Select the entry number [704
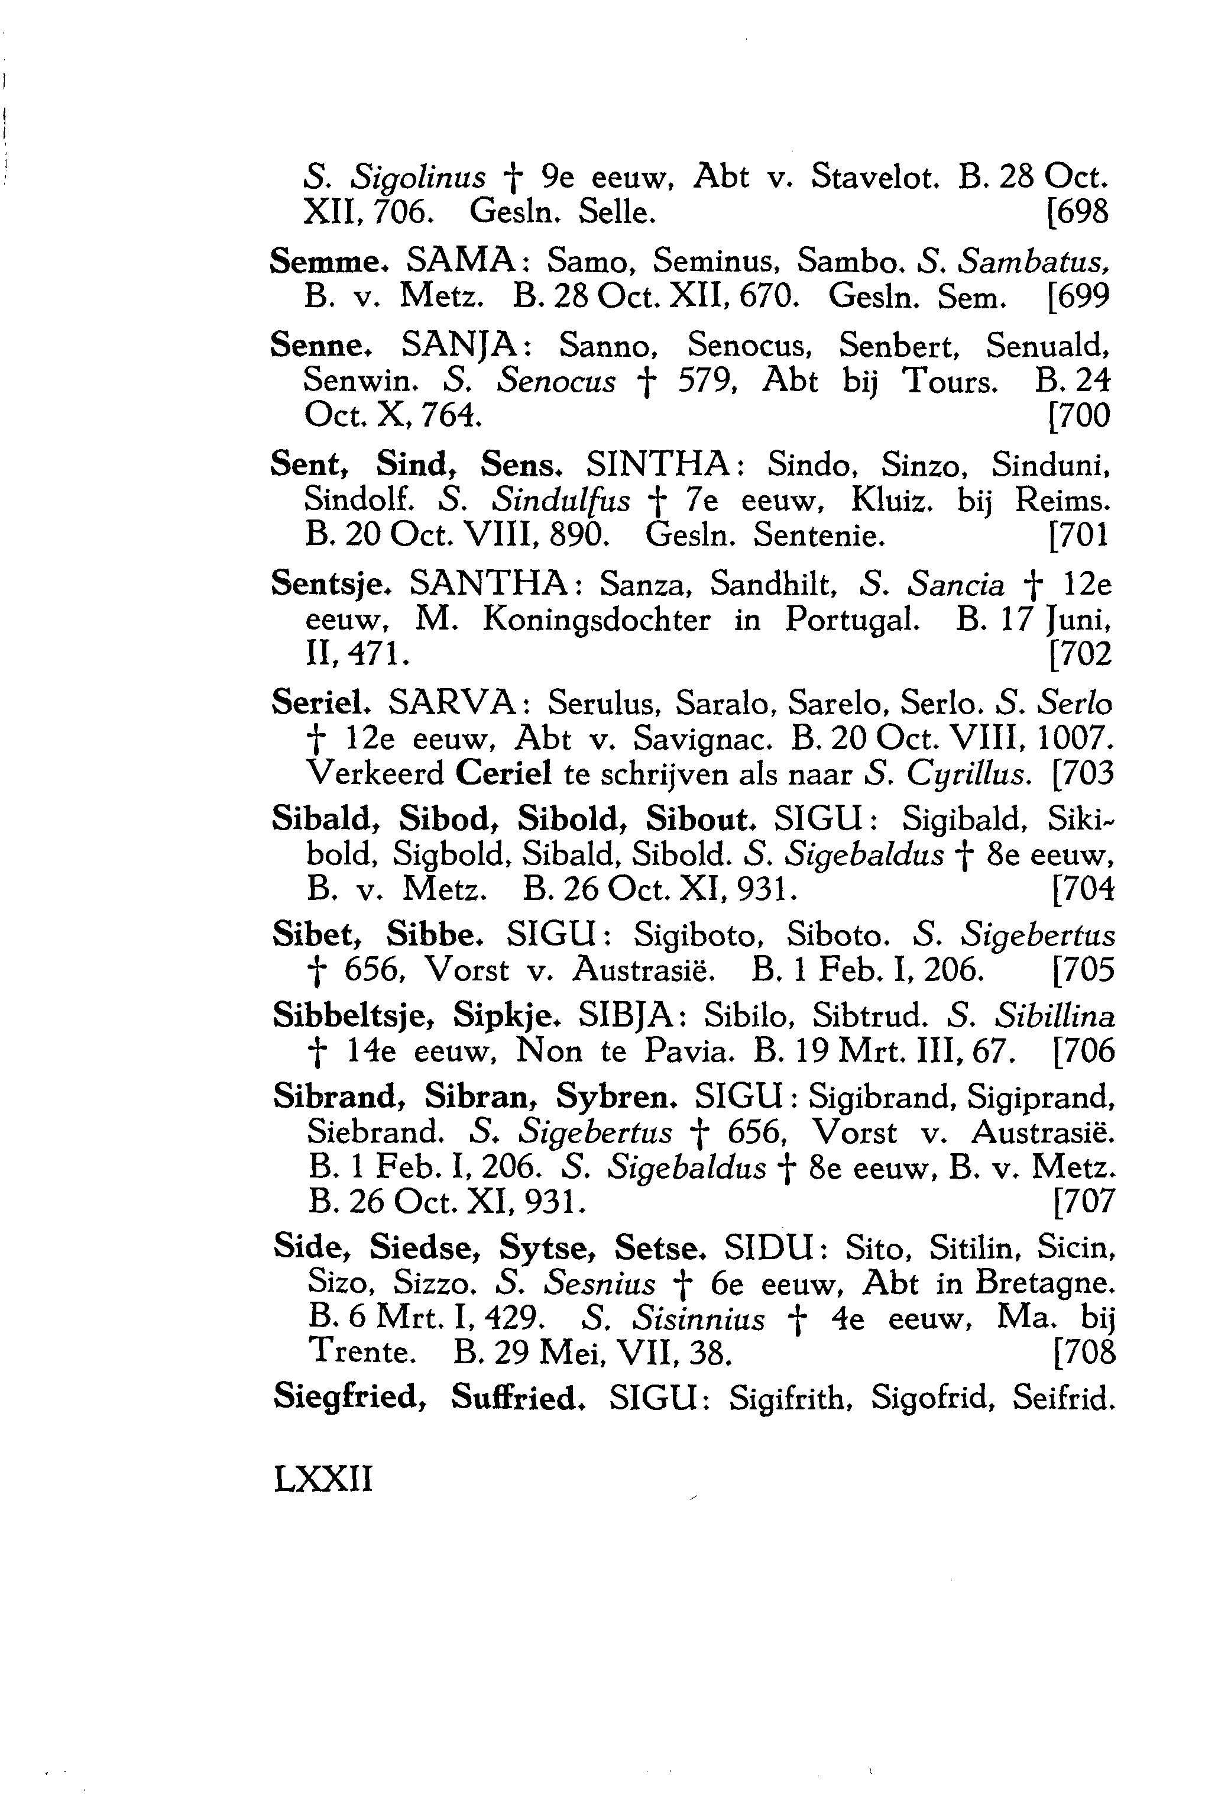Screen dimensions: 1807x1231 pos(1083,889)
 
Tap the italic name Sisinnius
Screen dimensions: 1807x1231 pos(698,1319)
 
